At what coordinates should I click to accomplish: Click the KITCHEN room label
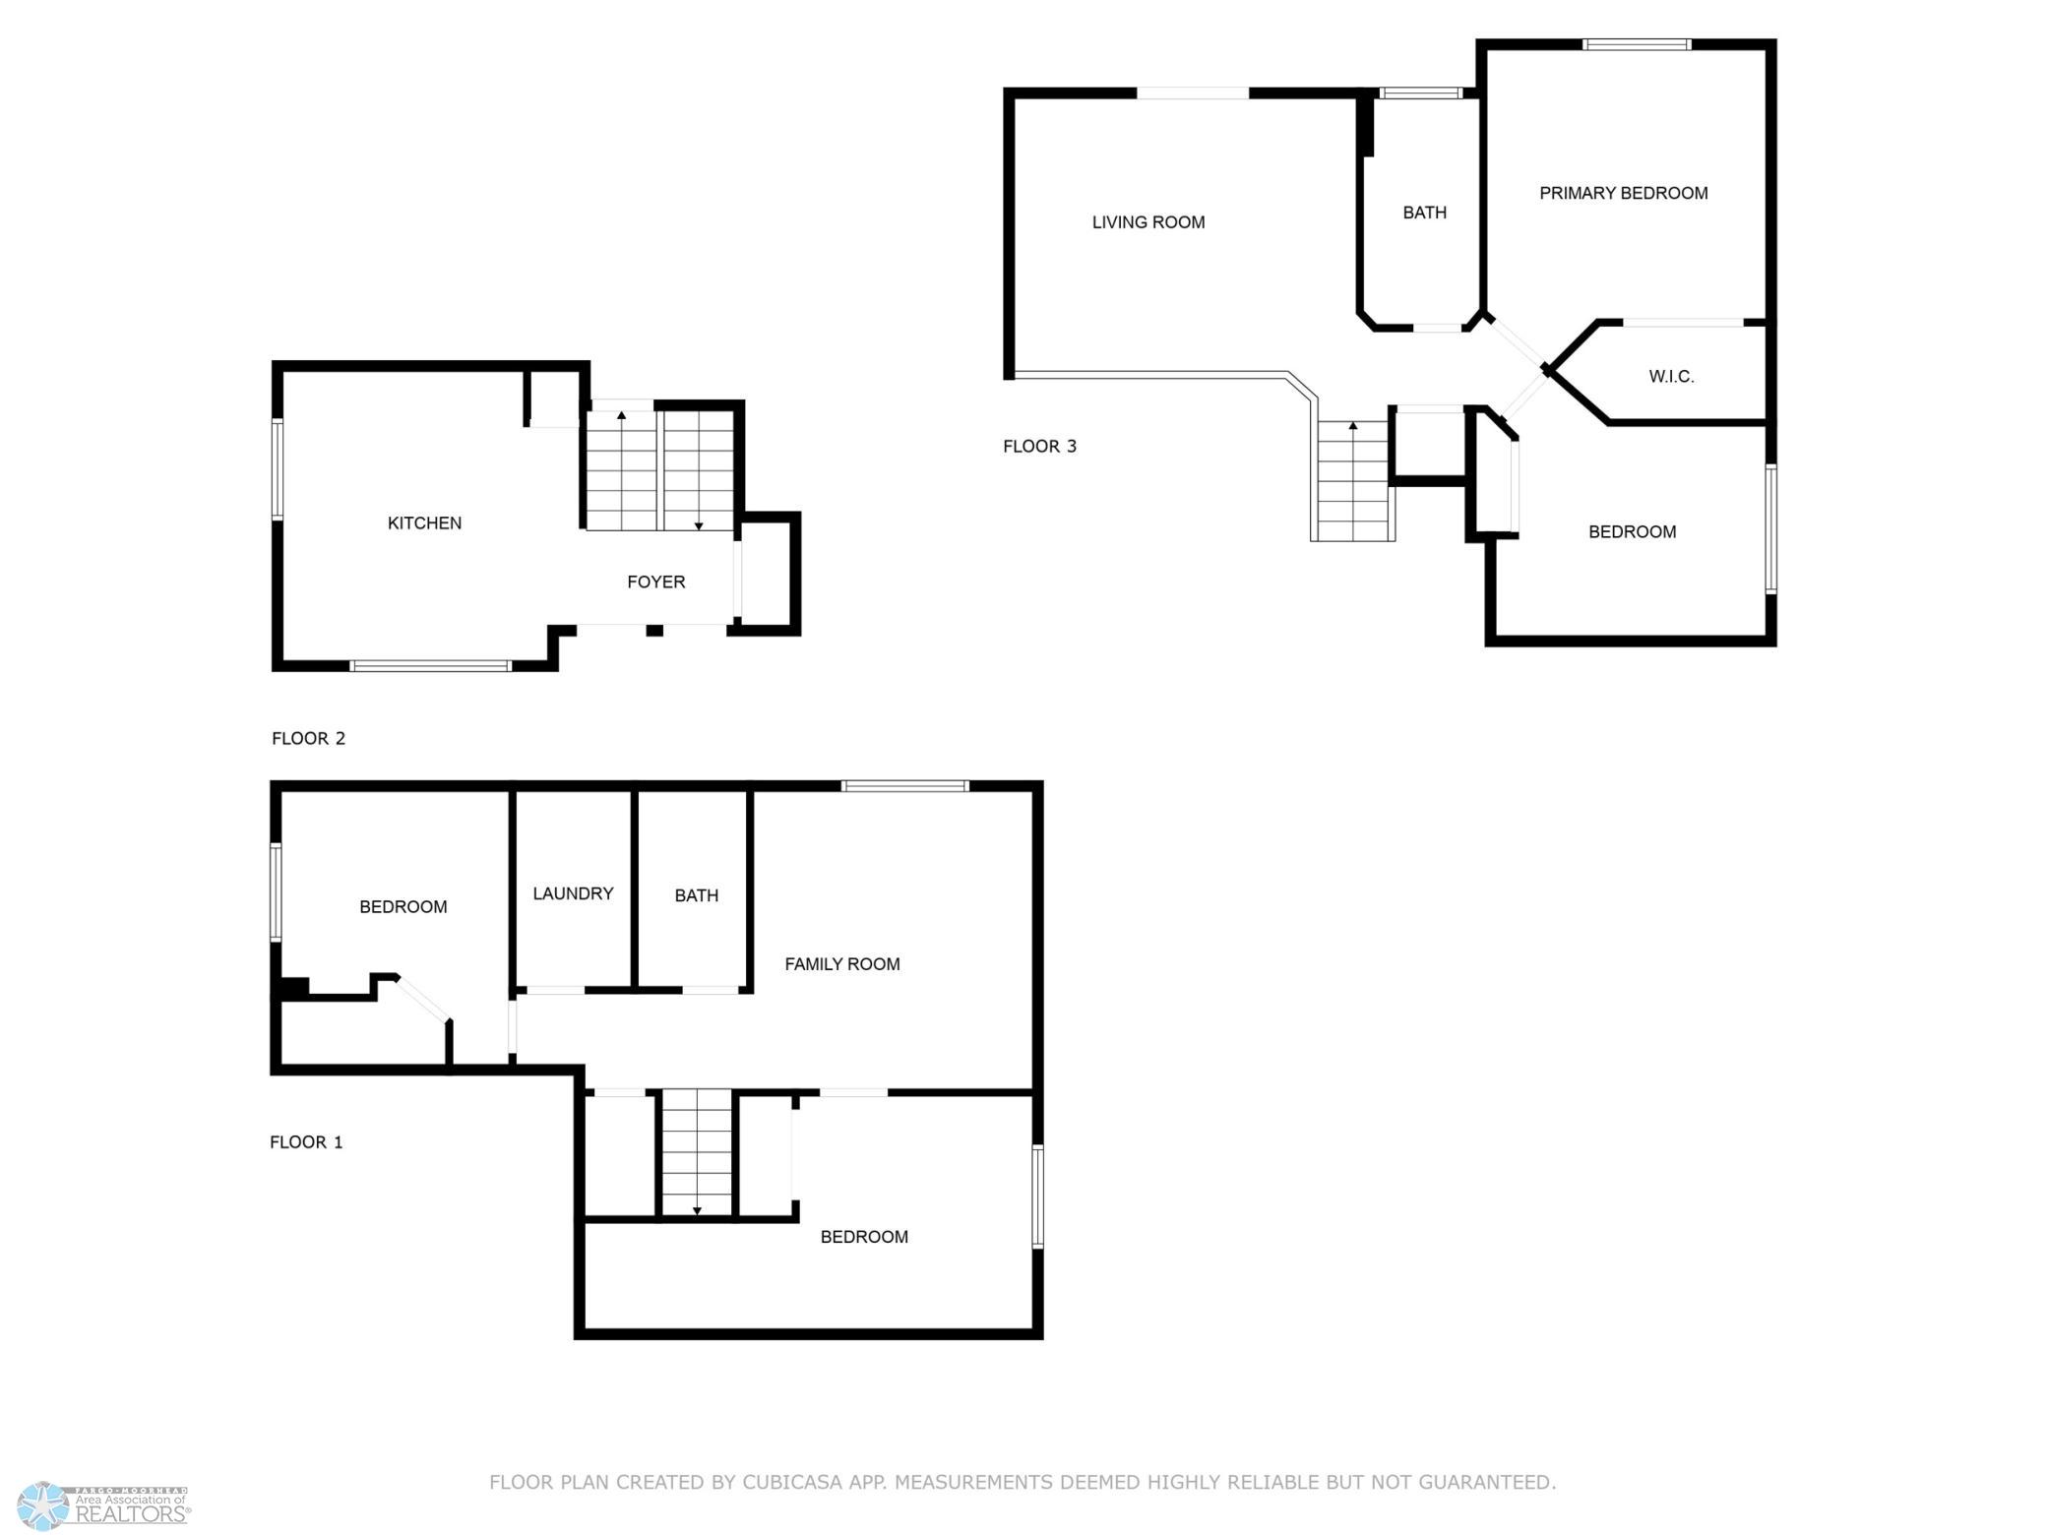click(x=424, y=523)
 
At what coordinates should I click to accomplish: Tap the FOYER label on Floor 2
click(x=656, y=583)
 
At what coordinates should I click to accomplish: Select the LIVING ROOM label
click(x=1148, y=222)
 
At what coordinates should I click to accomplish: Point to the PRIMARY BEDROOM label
click(x=1624, y=194)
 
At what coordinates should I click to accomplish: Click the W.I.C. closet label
click(x=1671, y=377)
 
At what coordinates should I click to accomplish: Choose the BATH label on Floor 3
click(x=1424, y=213)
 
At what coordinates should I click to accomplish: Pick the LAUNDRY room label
click(x=573, y=893)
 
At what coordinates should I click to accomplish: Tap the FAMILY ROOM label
click(x=842, y=964)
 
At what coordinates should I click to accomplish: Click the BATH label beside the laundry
click(x=696, y=895)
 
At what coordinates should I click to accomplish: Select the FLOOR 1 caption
click(x=306, y=1142)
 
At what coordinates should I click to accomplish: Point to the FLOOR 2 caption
click(x=308, y=739)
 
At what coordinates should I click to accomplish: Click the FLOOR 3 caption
click(x=1039, y=447)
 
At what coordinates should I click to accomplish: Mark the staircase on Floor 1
click(x=697, y=1152)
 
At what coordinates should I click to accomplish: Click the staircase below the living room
click(x=1352, y=480)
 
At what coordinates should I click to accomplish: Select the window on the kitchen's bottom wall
click(x=431, y=666)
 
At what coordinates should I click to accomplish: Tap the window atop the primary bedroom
click(x=1637, y=44)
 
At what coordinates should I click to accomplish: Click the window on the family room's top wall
click(x=905, y=786)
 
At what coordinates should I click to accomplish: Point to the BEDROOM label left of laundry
click(x=403, y=907)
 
